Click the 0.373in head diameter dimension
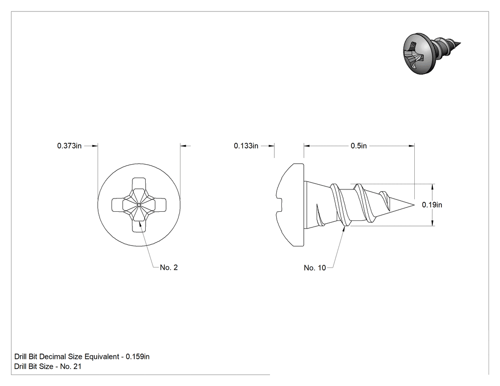(69, 146)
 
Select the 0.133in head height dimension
(246, 146)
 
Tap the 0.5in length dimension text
(359, 146)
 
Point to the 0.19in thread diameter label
(432, 205)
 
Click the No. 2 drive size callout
(169, 267)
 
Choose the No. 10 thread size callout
(315, 268)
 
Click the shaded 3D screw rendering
(431, 53)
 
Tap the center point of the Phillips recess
(139, 205)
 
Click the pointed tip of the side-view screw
(414, 205)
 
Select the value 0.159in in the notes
(138, 356)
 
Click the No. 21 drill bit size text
(71, 366)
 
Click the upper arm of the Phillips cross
(139, 184)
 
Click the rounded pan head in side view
(290, 205)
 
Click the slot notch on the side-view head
(280, 205)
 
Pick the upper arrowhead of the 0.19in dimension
(432, 188)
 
